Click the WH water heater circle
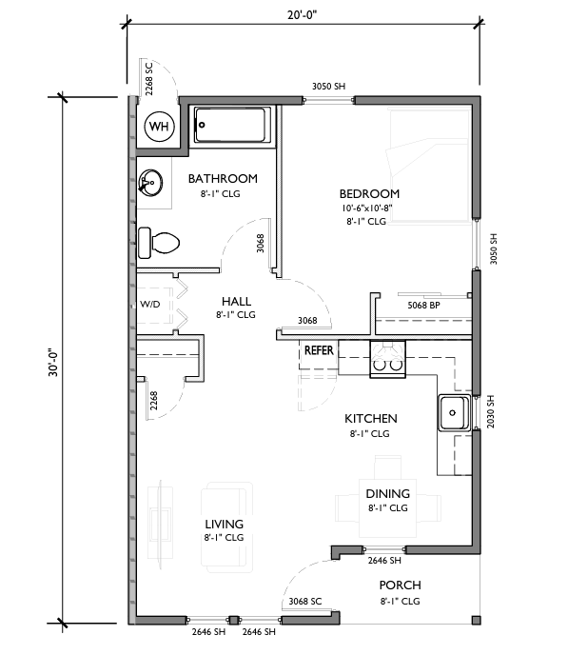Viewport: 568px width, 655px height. [x=159, y=126]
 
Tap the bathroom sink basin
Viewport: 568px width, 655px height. [x=150, y=183]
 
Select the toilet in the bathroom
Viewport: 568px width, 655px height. [x=158, y=243]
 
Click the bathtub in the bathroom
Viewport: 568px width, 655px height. [x=231, y=125]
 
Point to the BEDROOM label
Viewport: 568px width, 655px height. [x=369, y=194]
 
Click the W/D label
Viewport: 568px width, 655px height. [x=150, y=304]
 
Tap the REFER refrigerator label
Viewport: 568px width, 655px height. [x=319, y=350]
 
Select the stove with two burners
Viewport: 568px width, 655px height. [x=388, y=359]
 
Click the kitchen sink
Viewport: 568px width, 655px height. [x=454, y=413]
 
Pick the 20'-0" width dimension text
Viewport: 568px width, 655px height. [x=303, y=15]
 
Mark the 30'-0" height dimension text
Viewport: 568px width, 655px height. [x=54, y=362]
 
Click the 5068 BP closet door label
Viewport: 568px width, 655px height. [x=423, y=306]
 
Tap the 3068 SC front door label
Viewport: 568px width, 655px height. [x=305, y=601]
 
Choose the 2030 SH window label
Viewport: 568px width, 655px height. [x=491, y=411]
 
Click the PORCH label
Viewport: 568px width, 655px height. [x=400, y=586]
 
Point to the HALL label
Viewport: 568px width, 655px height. [x=236, y=301]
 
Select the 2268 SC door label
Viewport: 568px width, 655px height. [x=149, y=79]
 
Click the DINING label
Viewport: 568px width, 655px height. [x=388, y=494]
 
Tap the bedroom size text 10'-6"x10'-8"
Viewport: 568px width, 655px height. [x=367, y=208]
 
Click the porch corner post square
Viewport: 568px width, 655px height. [x=476, y=620]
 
